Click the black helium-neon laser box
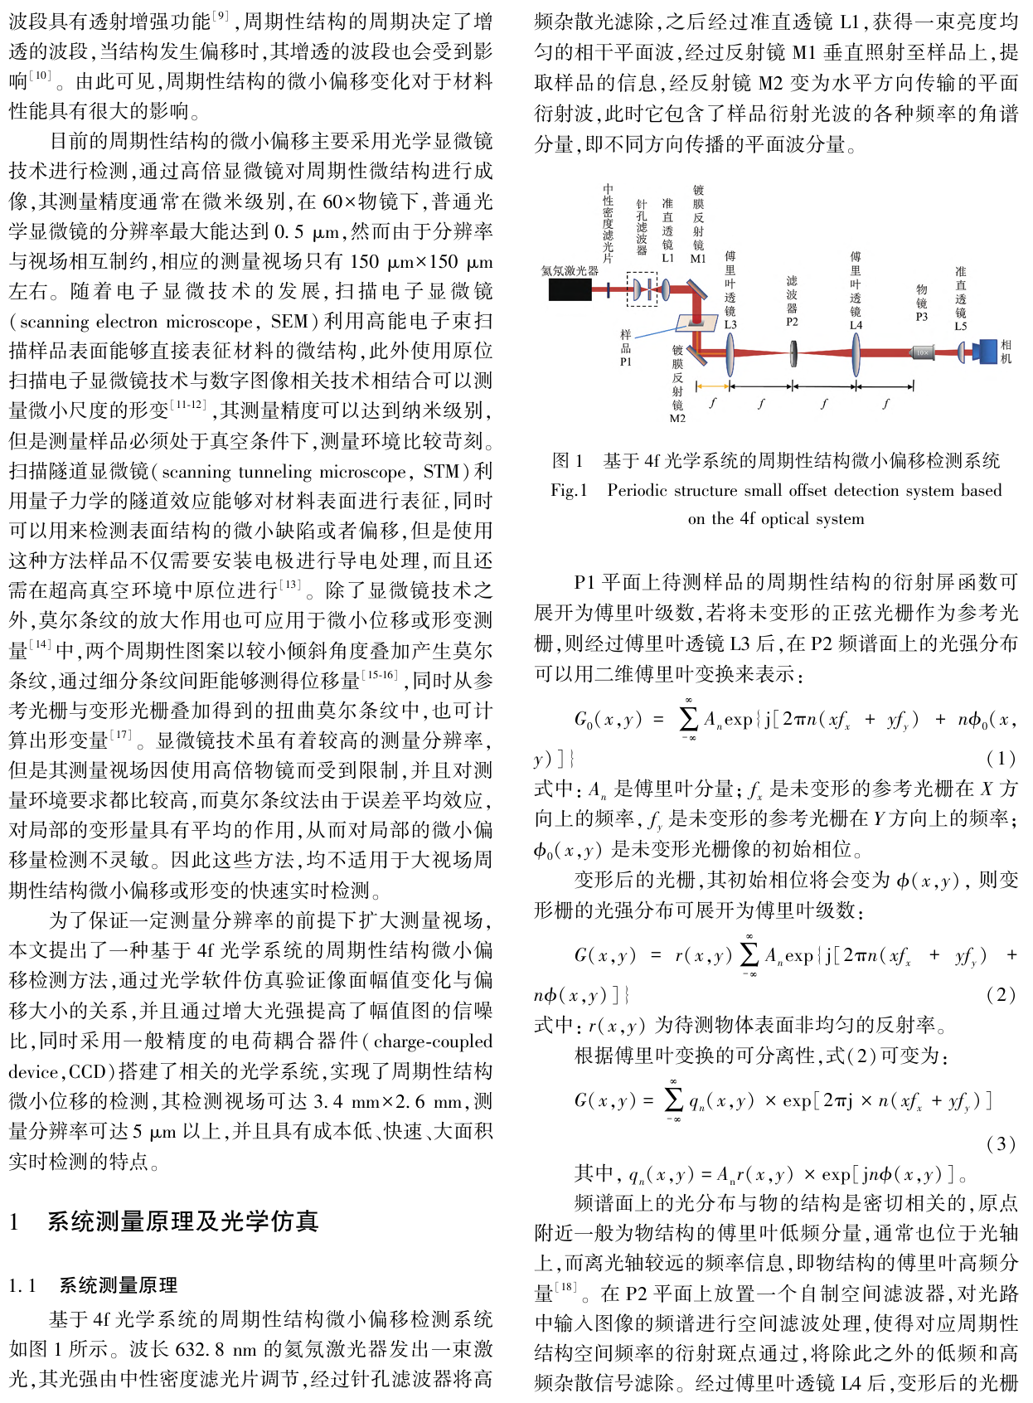pos(570,289)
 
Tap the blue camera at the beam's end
pos(986,352)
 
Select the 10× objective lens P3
pos(922,352)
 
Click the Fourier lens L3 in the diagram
pos(730,352)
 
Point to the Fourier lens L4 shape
pos(856,352)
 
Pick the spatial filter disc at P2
pos(793,352)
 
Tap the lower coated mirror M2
pos(694,355)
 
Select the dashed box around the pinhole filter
pos(641,289)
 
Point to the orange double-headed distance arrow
pos(712,386)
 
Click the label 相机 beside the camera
pos(1006,352)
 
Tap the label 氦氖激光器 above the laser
pos(570,270)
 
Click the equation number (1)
pos(1001,759)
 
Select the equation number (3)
pos(1001,1144)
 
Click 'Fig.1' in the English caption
pos(569,490)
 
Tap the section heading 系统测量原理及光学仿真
pos(183,1221)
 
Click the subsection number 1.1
pos(22,1285)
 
